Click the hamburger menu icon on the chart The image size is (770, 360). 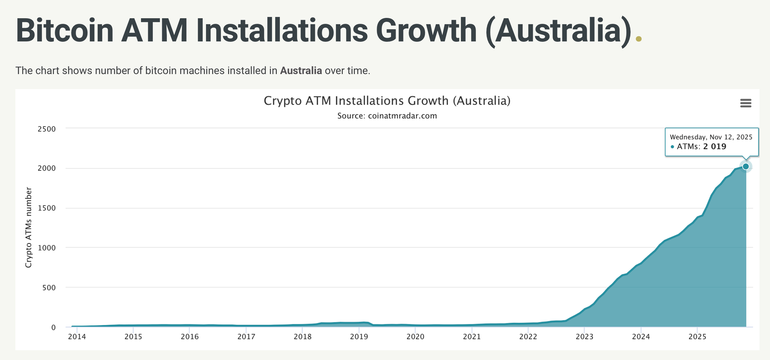click(x=745, y=103)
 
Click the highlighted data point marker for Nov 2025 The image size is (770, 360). click(x=745, y=167)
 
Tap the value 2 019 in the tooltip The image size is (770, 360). click(x=715, y=146)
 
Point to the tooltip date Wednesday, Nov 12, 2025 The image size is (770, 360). click(x=711, y=137)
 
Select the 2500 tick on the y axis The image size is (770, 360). click(x=47, y=129)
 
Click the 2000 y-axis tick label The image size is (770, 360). click(x=47, y=168)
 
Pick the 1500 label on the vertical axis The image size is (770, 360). click(x=47, y=208)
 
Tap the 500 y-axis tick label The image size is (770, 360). click(x=49, y=288)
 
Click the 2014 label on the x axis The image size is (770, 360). click(x=77, y=336)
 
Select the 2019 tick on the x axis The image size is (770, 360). click(x=359, y=336)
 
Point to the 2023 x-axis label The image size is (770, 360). click(x=584, y=336)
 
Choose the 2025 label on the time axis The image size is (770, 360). click(x=697, y=336)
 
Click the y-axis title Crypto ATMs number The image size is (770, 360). click(x=29, y=228)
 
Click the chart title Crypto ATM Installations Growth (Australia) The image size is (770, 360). click(x=387, y=101)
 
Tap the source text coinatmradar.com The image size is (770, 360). click(x=402, y=116)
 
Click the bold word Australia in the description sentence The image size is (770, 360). click(x=301, y=71)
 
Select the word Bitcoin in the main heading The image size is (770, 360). click(x=64, y=31)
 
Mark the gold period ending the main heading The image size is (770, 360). click(x=639, y=39)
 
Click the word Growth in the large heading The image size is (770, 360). click(x=426, y=31)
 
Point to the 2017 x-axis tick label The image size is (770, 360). click(x=246, y=336)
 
